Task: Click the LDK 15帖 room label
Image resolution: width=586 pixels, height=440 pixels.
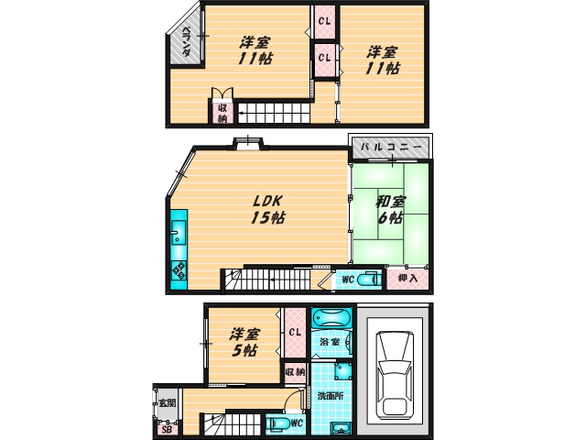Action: point(267,210)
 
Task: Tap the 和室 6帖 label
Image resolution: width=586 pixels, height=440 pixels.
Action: point(390,210)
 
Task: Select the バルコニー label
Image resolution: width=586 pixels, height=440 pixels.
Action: point(391,147)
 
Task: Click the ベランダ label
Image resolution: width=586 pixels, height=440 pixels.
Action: point(186,41)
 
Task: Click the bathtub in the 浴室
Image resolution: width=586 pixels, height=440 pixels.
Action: point(331,318)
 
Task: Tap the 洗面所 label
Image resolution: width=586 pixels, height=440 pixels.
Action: point(330,396)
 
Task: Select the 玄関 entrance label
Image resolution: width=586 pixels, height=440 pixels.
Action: point(167,403)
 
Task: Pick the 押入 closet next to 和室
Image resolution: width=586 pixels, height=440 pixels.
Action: point(407,279)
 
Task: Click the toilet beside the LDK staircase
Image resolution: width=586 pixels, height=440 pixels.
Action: point(368,280)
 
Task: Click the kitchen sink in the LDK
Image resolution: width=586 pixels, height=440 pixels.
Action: point(179,233)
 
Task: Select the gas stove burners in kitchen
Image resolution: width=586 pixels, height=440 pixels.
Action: point(179,270)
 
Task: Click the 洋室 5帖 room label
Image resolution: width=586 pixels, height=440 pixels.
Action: point(244,342)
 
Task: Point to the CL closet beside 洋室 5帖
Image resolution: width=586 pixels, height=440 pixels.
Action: point(295,332)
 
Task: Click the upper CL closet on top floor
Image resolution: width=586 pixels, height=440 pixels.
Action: point(324,21)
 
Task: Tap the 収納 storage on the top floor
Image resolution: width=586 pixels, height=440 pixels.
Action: point(222,113)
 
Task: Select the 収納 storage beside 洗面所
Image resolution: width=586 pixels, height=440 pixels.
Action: point(295,372)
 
